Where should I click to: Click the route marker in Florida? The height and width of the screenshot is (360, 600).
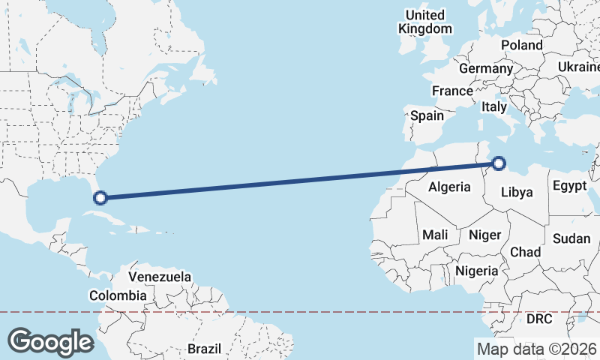pos(100,198)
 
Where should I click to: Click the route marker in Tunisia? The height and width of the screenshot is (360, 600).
pos(499,163)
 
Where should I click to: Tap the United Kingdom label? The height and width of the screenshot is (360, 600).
pos(425,22)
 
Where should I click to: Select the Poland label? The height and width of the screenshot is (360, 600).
pos(521,45)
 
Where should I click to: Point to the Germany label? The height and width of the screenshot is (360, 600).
pos(485,68)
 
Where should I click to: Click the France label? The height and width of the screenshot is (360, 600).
pos(452,91)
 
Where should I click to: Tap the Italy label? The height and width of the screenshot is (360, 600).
pos(494,107)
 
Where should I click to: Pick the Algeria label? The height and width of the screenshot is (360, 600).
pos(449,187)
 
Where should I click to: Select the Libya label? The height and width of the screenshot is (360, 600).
pos(516,192)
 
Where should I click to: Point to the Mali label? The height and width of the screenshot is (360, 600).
pos(435,235)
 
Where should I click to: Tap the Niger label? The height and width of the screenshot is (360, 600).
pos(484,235)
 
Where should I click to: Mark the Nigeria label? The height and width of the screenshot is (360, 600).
pos(477,270)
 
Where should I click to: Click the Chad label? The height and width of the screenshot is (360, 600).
pos(525,252)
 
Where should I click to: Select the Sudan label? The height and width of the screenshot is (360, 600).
pos(571,238)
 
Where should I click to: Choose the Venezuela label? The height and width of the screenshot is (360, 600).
pos(160,277)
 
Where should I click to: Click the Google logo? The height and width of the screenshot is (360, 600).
pos(50,341)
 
